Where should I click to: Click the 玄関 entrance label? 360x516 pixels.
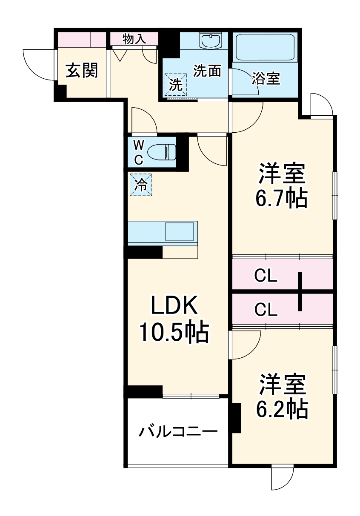click(x=81, y=70)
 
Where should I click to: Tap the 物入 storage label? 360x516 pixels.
click(x=134, y=39)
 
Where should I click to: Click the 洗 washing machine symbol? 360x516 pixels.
click(x=176, y=84)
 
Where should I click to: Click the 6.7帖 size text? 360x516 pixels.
click(x=281, y=198)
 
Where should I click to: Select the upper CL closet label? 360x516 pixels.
click(x=266, y=276)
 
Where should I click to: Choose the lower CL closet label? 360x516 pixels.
click(x=266, y=310)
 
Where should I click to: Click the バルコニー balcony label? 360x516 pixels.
click(x=178, y=432)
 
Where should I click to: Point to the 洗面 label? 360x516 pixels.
click(x=207, y=71)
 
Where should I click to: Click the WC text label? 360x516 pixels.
click(x=139, y=152)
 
